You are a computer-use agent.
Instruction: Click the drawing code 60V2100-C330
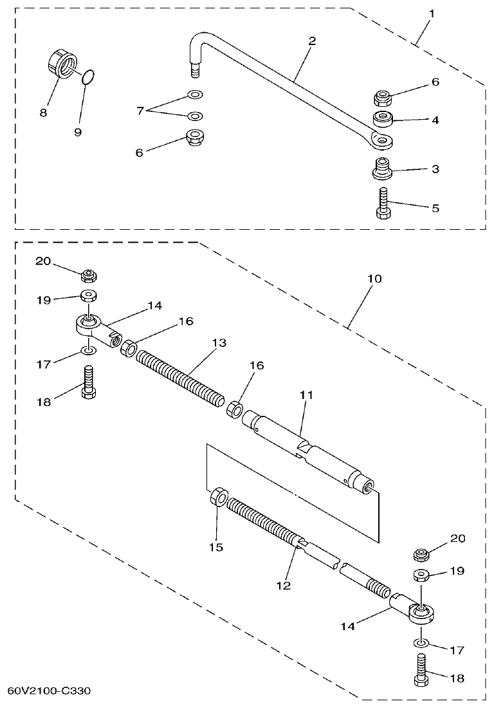(49, 691)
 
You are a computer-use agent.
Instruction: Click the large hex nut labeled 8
(60, 64)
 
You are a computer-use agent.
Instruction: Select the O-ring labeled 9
(90, 78)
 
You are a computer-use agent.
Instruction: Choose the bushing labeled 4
(385, 119)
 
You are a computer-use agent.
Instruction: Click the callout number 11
(305, 395)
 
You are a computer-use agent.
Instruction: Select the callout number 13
(219, 342)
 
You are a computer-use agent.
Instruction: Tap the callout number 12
(283, 585)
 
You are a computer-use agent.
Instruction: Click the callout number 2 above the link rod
(312, 41)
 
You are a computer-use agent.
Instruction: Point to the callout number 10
(374, 279)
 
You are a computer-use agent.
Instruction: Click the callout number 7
(140, 111)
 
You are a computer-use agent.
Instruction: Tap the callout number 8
(43, 112)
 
